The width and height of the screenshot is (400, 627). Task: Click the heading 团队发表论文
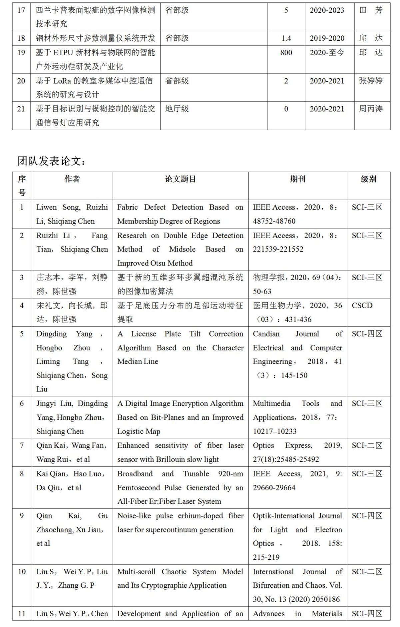tap(52, 161)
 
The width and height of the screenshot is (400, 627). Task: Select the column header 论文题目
tap(180, 179)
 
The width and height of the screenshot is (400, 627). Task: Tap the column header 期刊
tap(297, 179)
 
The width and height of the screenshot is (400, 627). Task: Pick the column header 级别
tap(368, 179)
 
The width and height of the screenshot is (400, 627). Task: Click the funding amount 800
tap(286, 53)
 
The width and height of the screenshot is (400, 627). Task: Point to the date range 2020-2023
tap(327, 10)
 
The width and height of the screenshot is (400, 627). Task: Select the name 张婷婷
tap(371, 81)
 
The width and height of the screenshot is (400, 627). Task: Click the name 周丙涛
tap(371, 109)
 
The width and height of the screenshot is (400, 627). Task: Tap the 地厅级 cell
tap(177, 109)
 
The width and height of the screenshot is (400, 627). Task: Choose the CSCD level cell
tap(362, 306)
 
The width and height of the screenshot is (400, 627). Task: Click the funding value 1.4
tap(286, 38)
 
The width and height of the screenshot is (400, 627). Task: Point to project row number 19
tap(21, 53)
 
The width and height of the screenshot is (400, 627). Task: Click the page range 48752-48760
tap(274, 221)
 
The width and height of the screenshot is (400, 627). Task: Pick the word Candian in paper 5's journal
tap(266, 334)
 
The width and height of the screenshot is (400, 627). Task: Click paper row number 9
tap(22, 516)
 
